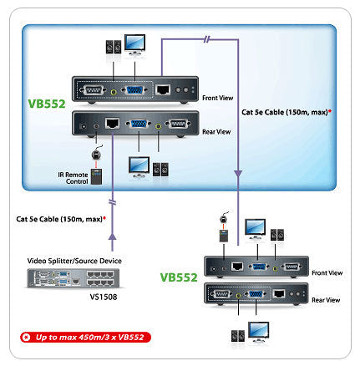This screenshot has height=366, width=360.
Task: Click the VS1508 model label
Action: pos(104,297)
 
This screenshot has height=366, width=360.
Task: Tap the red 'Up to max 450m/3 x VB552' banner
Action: pos(85,338)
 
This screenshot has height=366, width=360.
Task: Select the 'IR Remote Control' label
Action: pos(73,178)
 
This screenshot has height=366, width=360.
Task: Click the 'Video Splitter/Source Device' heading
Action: pos(74,261)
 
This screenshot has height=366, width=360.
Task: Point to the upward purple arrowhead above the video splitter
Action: pos(112,236)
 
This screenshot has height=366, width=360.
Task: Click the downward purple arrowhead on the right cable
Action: pos(238,173)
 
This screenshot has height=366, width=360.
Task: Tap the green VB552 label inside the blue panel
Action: pos(47,104)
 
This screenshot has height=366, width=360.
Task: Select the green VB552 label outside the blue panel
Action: pos(179,277)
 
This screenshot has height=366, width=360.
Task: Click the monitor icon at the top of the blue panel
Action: pos(134,44)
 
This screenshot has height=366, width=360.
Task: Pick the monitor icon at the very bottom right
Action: pos(259,332)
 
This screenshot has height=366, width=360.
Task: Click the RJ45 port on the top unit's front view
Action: pos(163,89)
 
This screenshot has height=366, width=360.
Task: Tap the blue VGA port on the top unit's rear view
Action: pos(139,124)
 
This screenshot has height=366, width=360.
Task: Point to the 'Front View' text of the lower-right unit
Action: pos(327,273)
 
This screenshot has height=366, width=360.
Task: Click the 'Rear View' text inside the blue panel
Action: pos(216,132)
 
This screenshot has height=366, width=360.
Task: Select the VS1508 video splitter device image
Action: pos(74,278)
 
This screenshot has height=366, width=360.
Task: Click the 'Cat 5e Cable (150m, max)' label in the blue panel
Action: pos(285,112)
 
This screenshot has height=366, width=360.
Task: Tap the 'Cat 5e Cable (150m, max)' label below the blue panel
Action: pos(59,219)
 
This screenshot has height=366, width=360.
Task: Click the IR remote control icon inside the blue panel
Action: pos(97,176)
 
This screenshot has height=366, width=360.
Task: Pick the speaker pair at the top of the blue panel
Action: pos(114,47)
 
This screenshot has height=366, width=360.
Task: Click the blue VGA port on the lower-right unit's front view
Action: pos(259,267)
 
